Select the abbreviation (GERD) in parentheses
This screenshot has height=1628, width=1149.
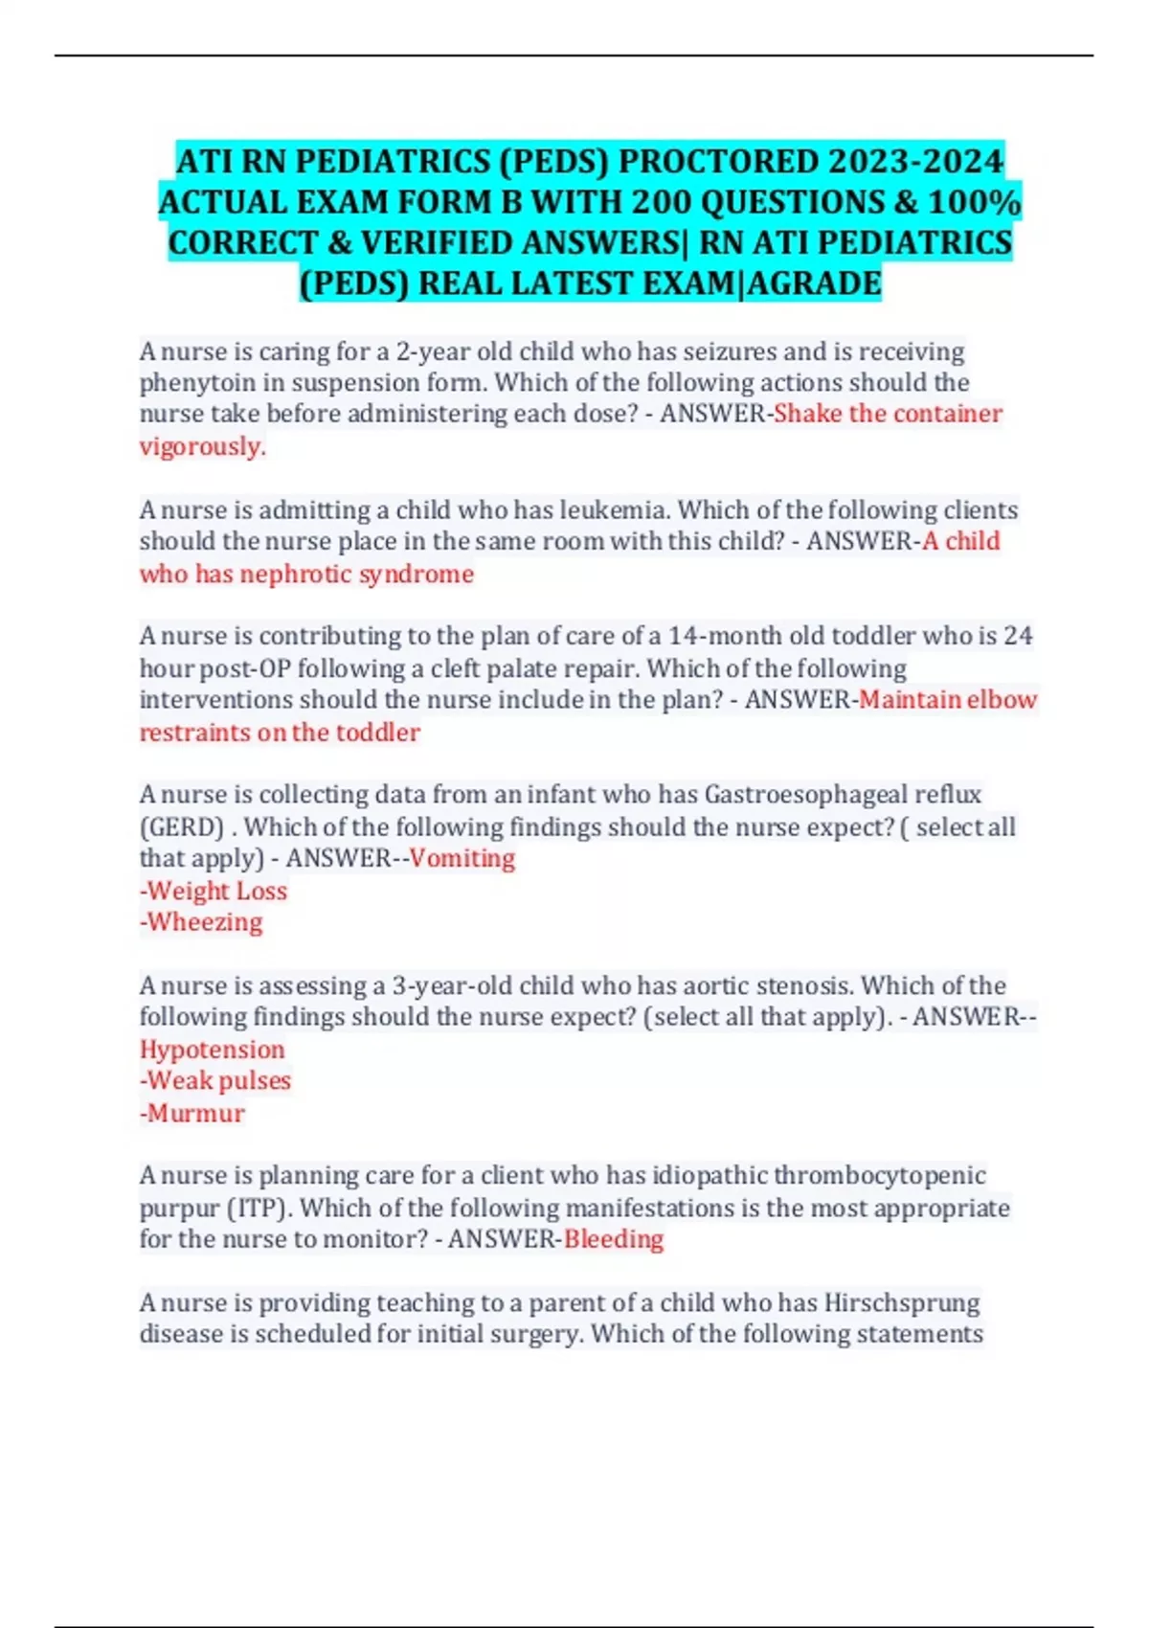182,826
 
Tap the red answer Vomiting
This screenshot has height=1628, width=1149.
462,858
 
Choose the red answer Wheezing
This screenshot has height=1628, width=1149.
204,922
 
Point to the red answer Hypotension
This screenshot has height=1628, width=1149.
212,1050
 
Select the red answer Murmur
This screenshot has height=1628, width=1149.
195,1113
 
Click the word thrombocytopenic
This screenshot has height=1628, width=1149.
879,1175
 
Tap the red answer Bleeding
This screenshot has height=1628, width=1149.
613,1239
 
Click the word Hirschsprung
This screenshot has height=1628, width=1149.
902,1302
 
